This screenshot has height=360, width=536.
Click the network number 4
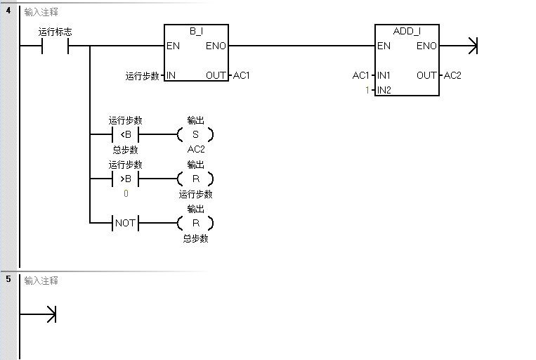[8, 12]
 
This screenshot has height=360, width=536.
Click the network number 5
[8, 280]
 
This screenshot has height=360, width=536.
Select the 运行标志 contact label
[55, 32]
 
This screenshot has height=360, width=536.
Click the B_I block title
[196, 32]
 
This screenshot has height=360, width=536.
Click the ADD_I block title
[407, 32]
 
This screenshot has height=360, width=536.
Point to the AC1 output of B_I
[242, 75]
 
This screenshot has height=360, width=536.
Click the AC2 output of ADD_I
[453, 75]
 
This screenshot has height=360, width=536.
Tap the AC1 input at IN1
[360, 75]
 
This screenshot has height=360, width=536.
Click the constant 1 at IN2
[367, 90]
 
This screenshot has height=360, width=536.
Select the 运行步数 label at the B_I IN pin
[142, 76]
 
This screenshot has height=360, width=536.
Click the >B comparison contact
[125, 179]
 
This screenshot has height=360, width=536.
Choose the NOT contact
[125, 224]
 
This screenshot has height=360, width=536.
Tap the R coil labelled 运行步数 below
[195, 179]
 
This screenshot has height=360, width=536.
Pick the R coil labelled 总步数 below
[195, 224]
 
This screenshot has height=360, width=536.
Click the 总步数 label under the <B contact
[125, 150]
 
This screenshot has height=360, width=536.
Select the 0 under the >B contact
[126, 193]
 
